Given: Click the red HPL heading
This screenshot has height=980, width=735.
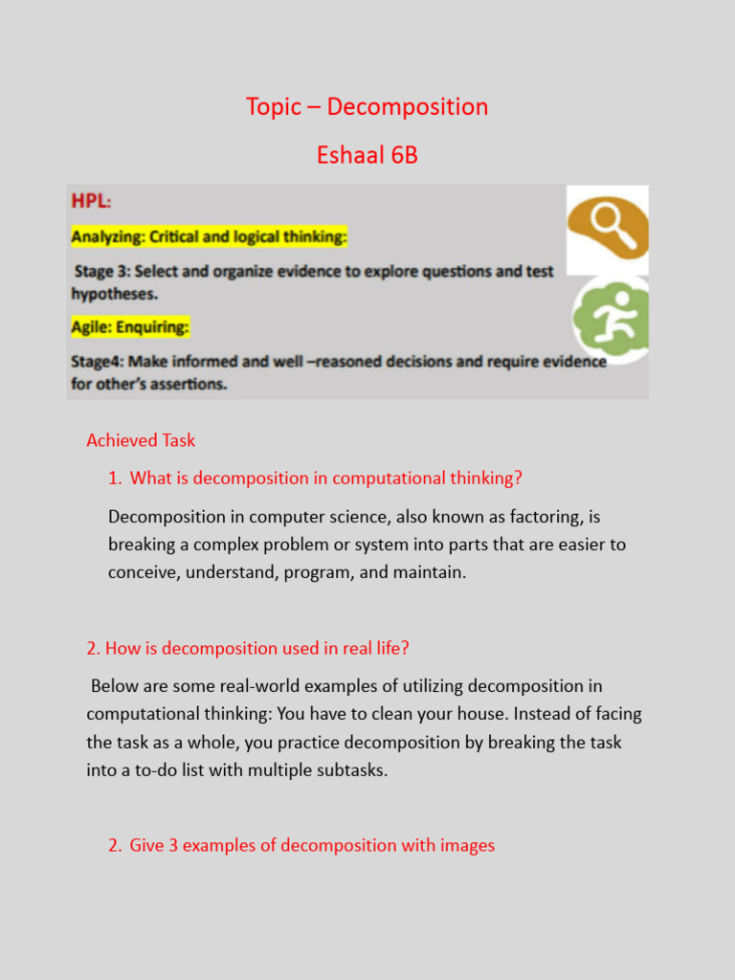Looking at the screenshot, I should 90,202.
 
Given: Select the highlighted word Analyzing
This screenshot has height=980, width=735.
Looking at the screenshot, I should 108,236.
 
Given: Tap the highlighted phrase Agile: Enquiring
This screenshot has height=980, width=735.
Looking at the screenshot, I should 130,327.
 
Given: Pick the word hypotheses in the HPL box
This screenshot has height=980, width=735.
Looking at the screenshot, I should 114,293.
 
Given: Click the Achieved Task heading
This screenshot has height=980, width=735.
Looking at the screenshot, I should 141,440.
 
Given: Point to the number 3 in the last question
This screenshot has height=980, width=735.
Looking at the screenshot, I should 174,845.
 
